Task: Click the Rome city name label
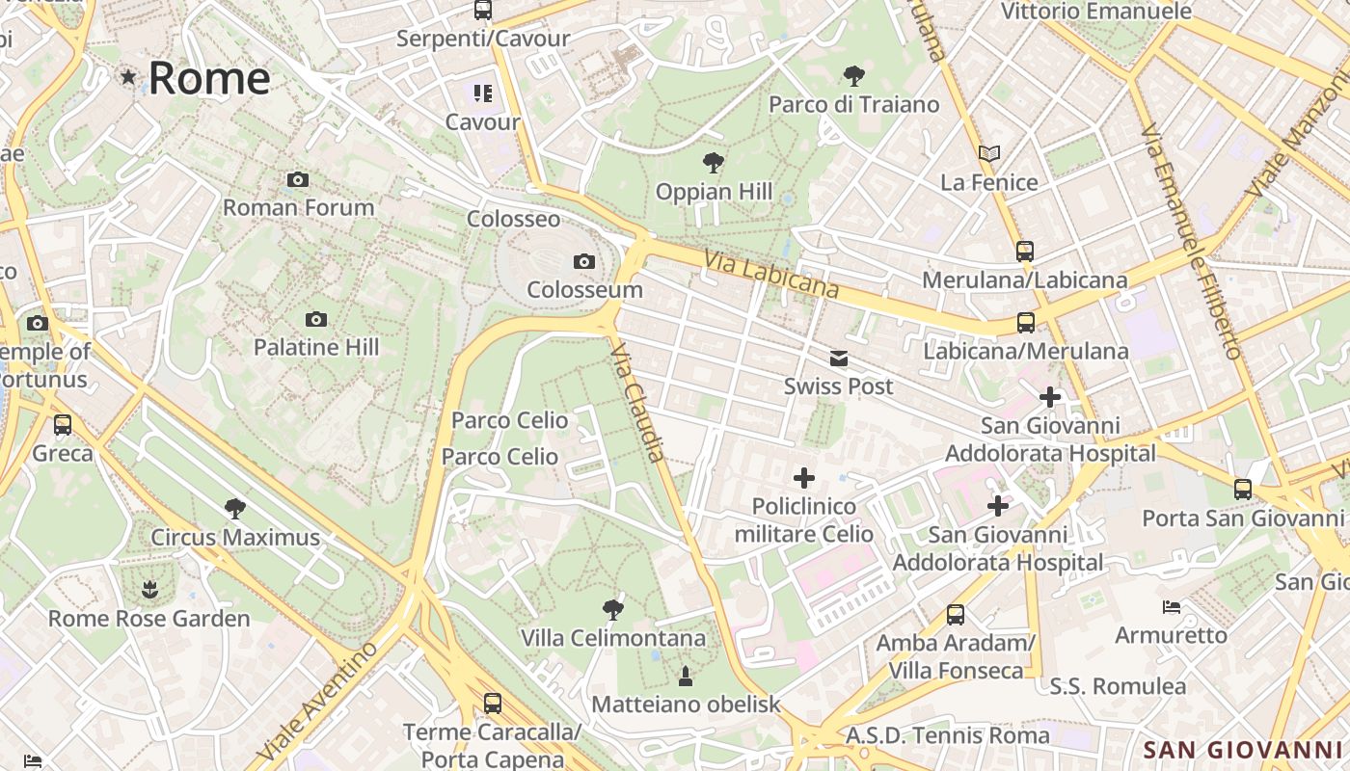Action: (x=208, y=78)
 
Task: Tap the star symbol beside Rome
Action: (x=128, y=77)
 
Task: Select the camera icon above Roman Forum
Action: (x=298, y=179)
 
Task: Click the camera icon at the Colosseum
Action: (x=583, y=261)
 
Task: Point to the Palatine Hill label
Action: (x=316, y=347)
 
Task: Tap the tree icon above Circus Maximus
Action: (x=234, y=508)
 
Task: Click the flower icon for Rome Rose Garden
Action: (x=148, y=589)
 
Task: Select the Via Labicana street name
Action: (x=770, y=274)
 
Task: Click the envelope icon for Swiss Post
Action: (x=839, y=359)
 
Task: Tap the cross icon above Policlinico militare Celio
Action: (x=803, y=477)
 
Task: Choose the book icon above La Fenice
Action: (x=989, y=153)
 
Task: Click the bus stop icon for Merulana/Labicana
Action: (x=1024, y=252)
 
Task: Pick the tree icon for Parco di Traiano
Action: (x=853, y=75)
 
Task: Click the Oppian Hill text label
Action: (x=714, y=192)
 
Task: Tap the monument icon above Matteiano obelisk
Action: (x=686, y=676)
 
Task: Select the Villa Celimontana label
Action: (x=612, y=638)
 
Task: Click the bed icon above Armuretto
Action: (x=1172, y=607)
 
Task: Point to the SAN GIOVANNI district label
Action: (x=1242, y=750)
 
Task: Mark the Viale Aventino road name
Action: (x=318, y=700)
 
